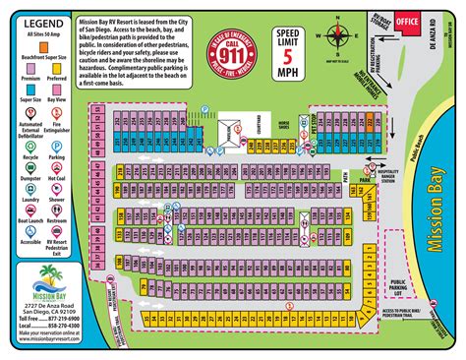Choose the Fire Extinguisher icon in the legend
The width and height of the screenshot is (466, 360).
click(x=59, y=129)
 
